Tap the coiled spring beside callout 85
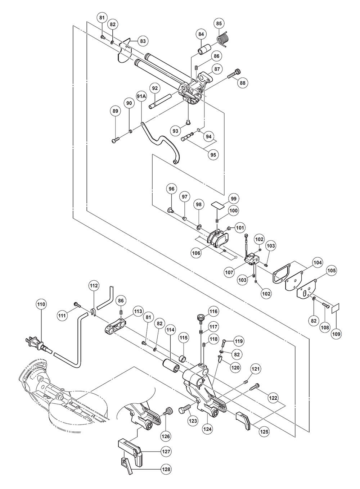click(222, 38)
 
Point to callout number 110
click(41, 304)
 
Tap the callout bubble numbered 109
click(336, 334)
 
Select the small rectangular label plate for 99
click(217, 205)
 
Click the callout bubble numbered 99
click(234, 199)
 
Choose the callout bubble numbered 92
click(155, 88)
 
